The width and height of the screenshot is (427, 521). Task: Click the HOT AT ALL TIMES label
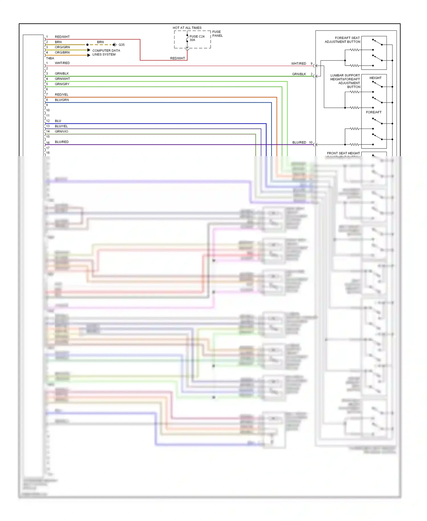point(187,28)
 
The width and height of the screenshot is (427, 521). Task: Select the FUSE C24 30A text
point(197,38)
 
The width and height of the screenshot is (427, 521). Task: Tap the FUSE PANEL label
point(217,34)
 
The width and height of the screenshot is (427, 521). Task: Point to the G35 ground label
point(122,45)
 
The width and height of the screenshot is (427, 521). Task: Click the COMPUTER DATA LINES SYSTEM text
point(106,52)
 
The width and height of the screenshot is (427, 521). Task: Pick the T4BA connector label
point(50,58)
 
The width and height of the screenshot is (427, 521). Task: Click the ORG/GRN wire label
point(62,47)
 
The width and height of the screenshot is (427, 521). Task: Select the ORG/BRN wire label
point(62,52)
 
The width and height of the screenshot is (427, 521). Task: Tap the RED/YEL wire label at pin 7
point(61,95)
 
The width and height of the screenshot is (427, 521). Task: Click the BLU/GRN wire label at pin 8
point(62,100)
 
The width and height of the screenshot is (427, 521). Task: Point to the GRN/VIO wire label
point(61,131)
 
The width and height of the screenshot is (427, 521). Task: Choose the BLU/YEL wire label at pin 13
point(61,126)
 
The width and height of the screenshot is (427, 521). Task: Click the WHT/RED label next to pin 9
point(298,64)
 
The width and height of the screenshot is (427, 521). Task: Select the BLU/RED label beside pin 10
point(299,142)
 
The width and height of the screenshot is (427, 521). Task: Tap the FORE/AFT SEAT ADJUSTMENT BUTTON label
point(342,40)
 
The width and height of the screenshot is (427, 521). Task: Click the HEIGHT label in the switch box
point(375,78)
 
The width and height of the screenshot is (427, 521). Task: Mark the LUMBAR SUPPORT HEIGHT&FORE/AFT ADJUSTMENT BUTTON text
point(345,81)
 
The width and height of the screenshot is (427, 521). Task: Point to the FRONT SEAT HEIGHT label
point(343,153)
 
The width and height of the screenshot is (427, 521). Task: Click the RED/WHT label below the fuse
point(177,58)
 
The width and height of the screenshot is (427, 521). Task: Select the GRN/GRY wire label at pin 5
point(62,84)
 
